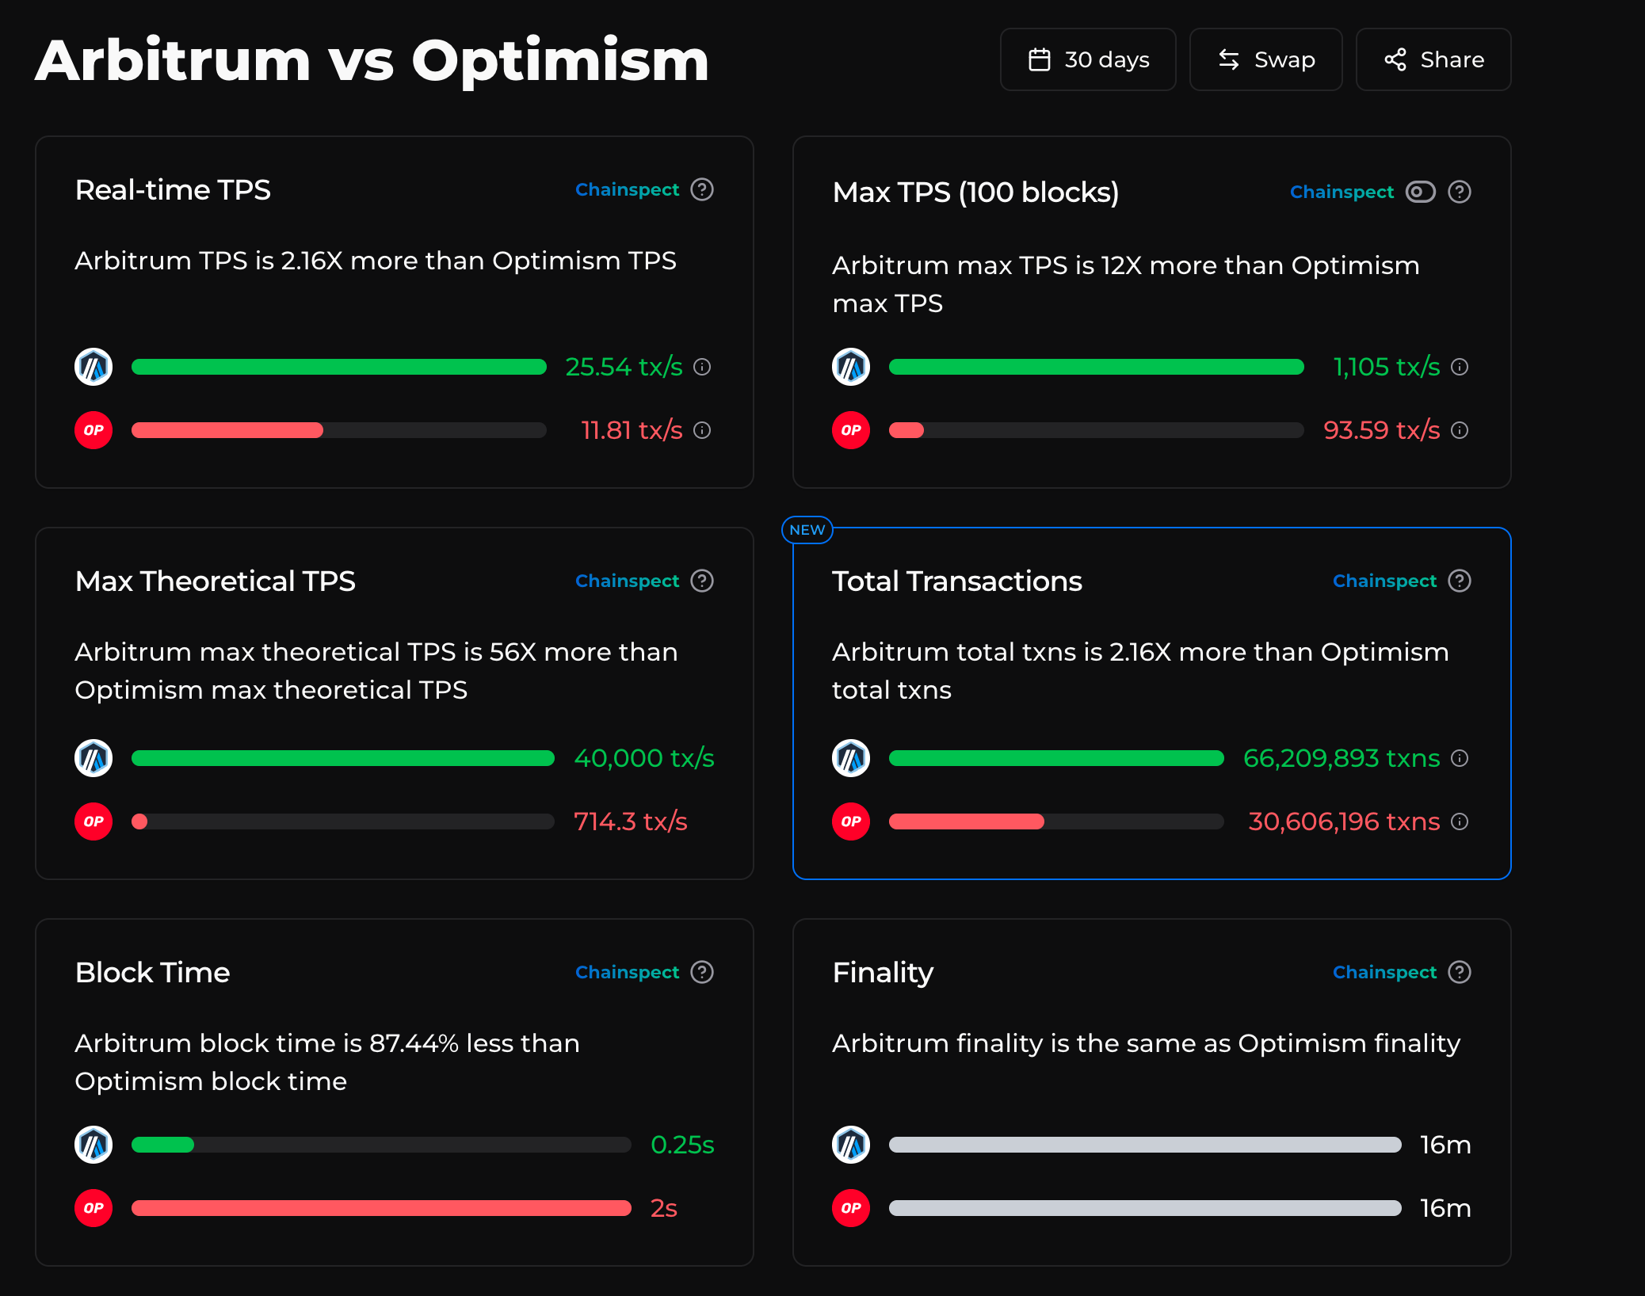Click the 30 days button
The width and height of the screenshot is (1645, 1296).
tap(1087, 59)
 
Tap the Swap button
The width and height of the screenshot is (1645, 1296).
tap(1265, 59)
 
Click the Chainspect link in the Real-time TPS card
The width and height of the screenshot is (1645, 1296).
tap(627, 190)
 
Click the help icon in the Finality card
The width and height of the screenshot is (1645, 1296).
tap(1459, 972)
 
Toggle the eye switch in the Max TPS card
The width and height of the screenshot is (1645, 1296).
tap(1420, 192)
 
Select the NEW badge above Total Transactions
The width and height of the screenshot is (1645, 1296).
tap(807, 530)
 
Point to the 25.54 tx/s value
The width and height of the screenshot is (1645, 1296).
tap(624, 367)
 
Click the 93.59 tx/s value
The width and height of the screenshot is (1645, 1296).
tap(1381, 430)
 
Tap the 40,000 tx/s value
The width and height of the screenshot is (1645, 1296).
tap(643, 758)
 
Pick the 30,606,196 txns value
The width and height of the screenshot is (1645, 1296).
tap(1343, 821)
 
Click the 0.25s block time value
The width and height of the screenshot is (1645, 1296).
tap(681, 1145)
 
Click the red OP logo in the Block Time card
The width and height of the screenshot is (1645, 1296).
tap(94, 1208)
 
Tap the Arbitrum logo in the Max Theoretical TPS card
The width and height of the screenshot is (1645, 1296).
tap(94, 758)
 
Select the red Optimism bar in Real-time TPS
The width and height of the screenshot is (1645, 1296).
tap(227, 430)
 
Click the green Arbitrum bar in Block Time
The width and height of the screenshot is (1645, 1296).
tap(162, 1145)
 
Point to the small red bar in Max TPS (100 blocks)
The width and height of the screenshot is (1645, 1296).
tap(906, 430)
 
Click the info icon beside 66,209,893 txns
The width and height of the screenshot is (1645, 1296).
tap(1460, 758)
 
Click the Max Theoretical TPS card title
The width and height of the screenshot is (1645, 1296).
tap(215, 581)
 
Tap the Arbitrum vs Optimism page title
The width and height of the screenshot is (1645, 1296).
tap(372, 61)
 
